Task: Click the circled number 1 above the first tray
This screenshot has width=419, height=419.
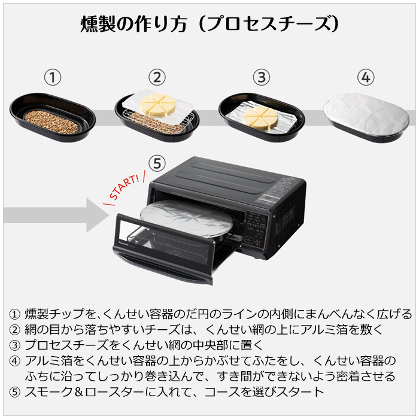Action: click(54, 78)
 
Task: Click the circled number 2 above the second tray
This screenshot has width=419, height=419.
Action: click(157, 78)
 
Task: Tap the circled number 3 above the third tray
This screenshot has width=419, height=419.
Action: click(261, 78)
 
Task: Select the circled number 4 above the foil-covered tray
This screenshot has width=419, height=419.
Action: click(366, 78)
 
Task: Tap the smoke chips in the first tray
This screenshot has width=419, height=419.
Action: click(53, 122)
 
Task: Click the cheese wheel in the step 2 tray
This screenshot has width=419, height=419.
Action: click(157, 105)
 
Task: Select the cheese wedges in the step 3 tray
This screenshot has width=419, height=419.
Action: click(262, 116)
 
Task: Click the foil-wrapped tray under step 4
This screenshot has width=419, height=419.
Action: click(366, 116)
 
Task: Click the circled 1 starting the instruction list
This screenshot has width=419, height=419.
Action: click(15, 314)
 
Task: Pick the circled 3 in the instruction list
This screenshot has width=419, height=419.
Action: click(15, 345)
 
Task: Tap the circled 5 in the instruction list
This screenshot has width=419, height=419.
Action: click(15, 392)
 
